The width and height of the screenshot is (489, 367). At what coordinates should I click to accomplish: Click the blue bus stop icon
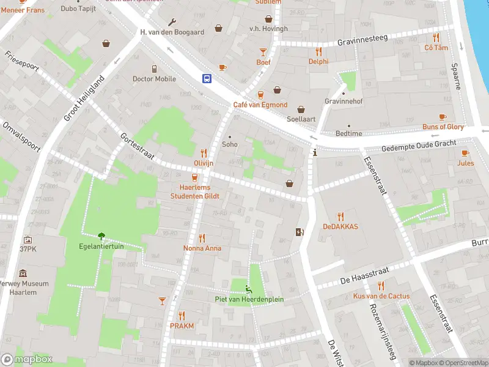coord(207,78)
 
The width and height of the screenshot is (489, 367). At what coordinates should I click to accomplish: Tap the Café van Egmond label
coord(260,105)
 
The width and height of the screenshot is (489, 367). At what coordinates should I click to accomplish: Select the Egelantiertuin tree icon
coord(101,235)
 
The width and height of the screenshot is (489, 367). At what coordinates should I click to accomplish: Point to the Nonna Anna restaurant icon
coord(202,238)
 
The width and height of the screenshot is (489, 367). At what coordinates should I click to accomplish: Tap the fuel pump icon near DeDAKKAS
coord(299,232)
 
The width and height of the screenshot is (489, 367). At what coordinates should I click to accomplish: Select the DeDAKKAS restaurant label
coord(340,226)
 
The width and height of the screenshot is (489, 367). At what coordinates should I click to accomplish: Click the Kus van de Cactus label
coord(381,296)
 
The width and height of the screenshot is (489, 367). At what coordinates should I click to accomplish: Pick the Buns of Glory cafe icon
coord(443,117)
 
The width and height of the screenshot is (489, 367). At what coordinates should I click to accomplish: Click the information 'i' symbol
coord(315,153)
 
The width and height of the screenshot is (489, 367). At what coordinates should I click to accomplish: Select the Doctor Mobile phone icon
coord(154,69)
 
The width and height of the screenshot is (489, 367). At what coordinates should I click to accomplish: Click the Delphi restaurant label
coord(318,61)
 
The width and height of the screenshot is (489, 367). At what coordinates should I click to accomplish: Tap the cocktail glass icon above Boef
coord(263,52)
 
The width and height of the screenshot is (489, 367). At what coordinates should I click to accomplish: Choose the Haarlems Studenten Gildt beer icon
coord(194,177)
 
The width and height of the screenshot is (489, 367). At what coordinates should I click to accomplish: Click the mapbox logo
coord(27,359)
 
